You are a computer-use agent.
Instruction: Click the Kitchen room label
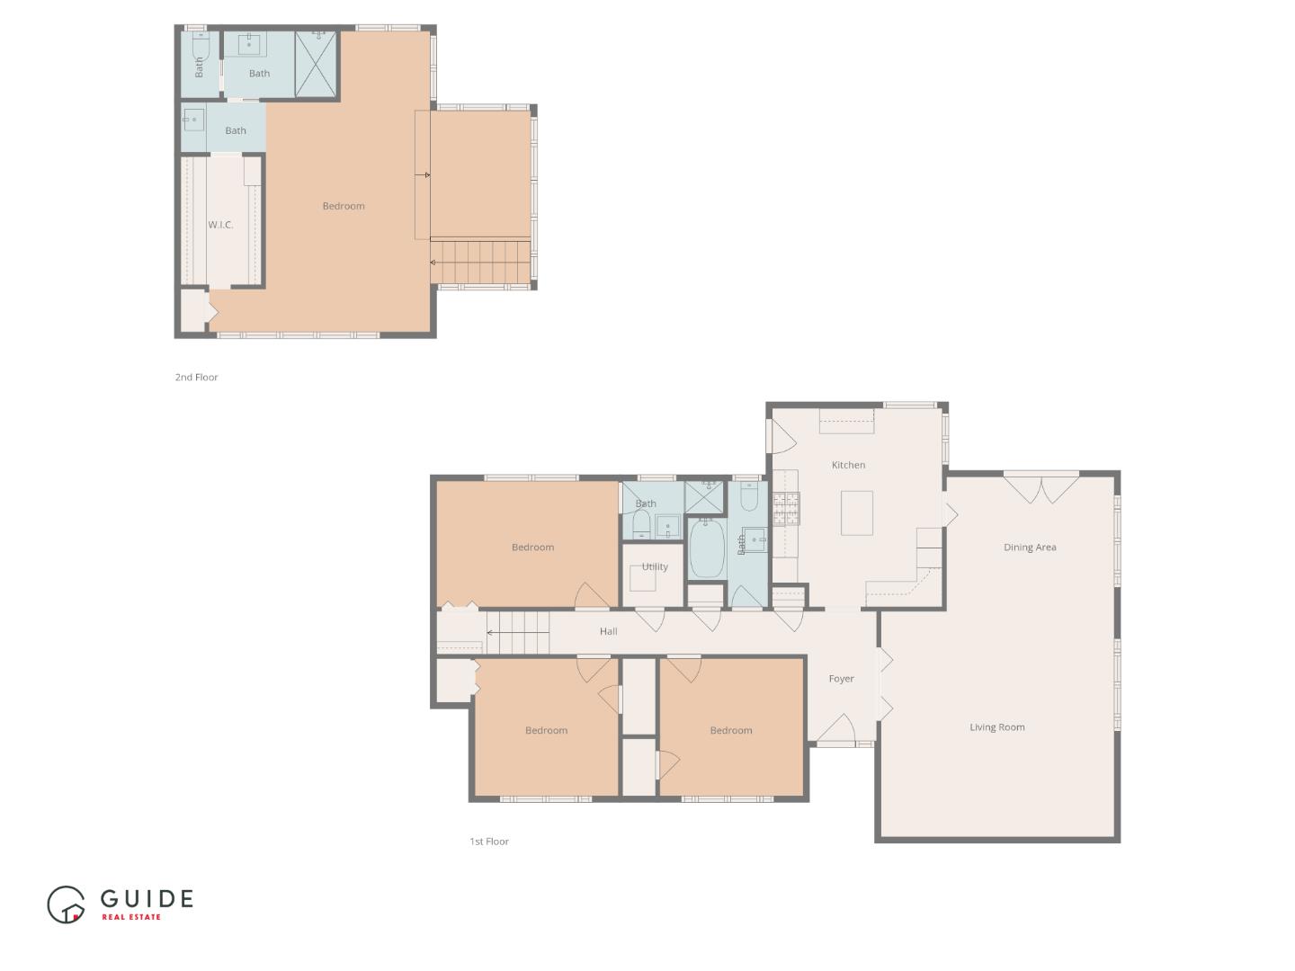848,465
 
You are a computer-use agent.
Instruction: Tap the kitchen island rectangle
857,512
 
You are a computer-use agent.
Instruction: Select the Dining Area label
1030,548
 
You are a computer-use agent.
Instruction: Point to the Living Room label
997,727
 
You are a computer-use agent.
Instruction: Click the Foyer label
842,679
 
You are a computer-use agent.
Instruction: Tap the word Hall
608,631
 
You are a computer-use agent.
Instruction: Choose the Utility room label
655,566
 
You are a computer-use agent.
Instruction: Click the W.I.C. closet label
220,225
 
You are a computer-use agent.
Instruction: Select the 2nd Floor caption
196,378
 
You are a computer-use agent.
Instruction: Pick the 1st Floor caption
489,842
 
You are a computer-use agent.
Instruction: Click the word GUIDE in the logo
147,898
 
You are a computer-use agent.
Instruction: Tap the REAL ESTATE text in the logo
131,917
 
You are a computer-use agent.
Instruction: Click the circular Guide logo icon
66,904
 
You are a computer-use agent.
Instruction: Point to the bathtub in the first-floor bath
706,548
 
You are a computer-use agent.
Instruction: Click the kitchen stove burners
786,508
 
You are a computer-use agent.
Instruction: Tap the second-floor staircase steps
480,261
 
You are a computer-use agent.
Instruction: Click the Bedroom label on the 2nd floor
344,206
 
